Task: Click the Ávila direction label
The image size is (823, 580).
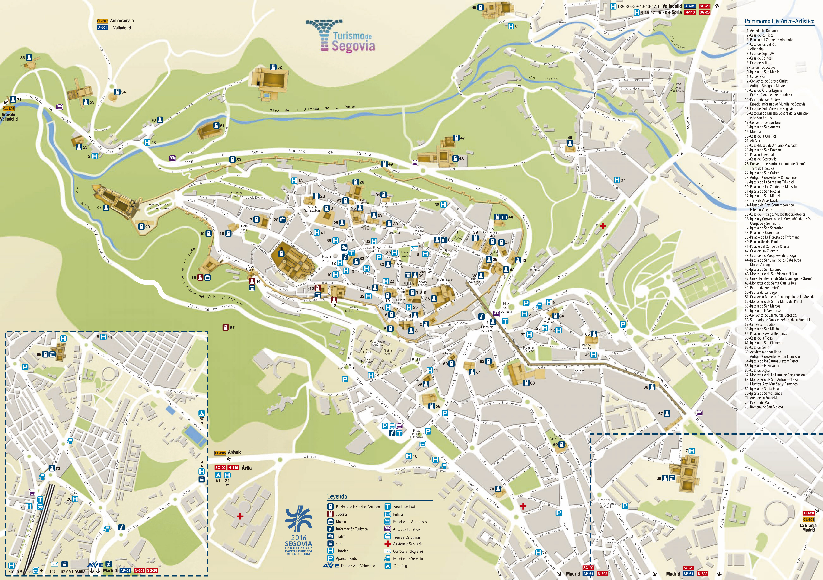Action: click(x=247, y=468)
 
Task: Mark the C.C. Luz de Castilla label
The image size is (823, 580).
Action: click(x=68, y=571)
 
